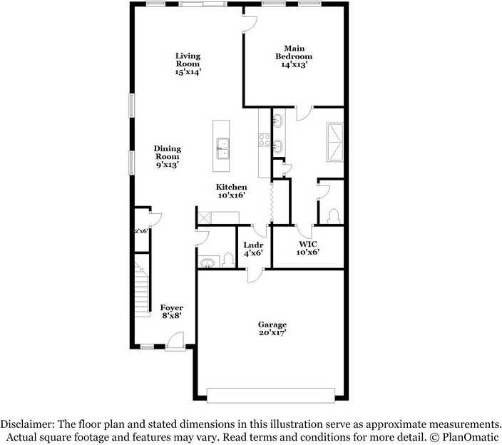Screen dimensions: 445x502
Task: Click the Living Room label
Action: click(x=188, y=63)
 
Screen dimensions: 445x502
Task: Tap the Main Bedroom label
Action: click(x=294, y=56)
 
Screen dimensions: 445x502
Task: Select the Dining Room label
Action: click(x=168, y=157)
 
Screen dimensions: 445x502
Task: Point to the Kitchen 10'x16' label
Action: click(x=232, y=190)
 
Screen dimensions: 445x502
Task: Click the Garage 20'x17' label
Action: click(x=272, y=328)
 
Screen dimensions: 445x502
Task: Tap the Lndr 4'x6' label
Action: click(x=253, y=248)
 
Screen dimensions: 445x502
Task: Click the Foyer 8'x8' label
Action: click(x=171, y=312)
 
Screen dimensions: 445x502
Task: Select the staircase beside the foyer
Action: click(x=143, y=289)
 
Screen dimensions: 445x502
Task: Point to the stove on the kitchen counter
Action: click(x=263, y=140)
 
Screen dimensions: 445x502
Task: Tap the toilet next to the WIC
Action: click(x=333, y=215)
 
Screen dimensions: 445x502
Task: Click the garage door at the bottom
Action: click(x=271, y=394)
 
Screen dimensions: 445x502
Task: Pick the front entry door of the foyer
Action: click(x=175, y=344)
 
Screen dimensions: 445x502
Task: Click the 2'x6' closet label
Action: click(x=141, y=231)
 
